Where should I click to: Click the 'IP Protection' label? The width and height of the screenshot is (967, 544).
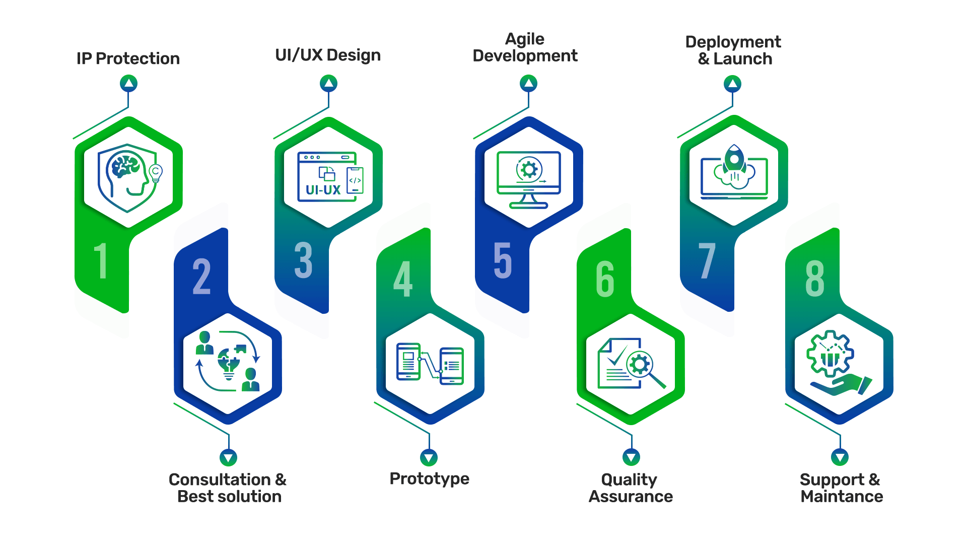click(128, 58)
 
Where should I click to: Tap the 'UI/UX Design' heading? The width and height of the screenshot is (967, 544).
click(328, 55)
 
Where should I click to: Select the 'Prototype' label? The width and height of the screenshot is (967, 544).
click(429, 479)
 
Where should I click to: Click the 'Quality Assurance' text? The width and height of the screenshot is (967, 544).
click(631, 488)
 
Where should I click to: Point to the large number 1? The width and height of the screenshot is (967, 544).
click(101, 260)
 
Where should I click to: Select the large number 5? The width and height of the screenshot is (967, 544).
click(503, 260)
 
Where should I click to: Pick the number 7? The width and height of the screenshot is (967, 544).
click(707, 260)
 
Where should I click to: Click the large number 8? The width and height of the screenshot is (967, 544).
click(814, 279)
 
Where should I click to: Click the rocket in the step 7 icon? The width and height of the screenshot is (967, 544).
click(734, 160)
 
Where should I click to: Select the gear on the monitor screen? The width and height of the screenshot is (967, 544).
click(529, 169)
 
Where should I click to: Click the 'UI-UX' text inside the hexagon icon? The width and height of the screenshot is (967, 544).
click(323, 190)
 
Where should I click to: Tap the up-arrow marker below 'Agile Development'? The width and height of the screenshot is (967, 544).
click(528, 83)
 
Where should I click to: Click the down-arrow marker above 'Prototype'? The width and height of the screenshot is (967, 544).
click(429, 457)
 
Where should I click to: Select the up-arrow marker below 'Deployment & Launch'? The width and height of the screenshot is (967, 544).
click(732, 83)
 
